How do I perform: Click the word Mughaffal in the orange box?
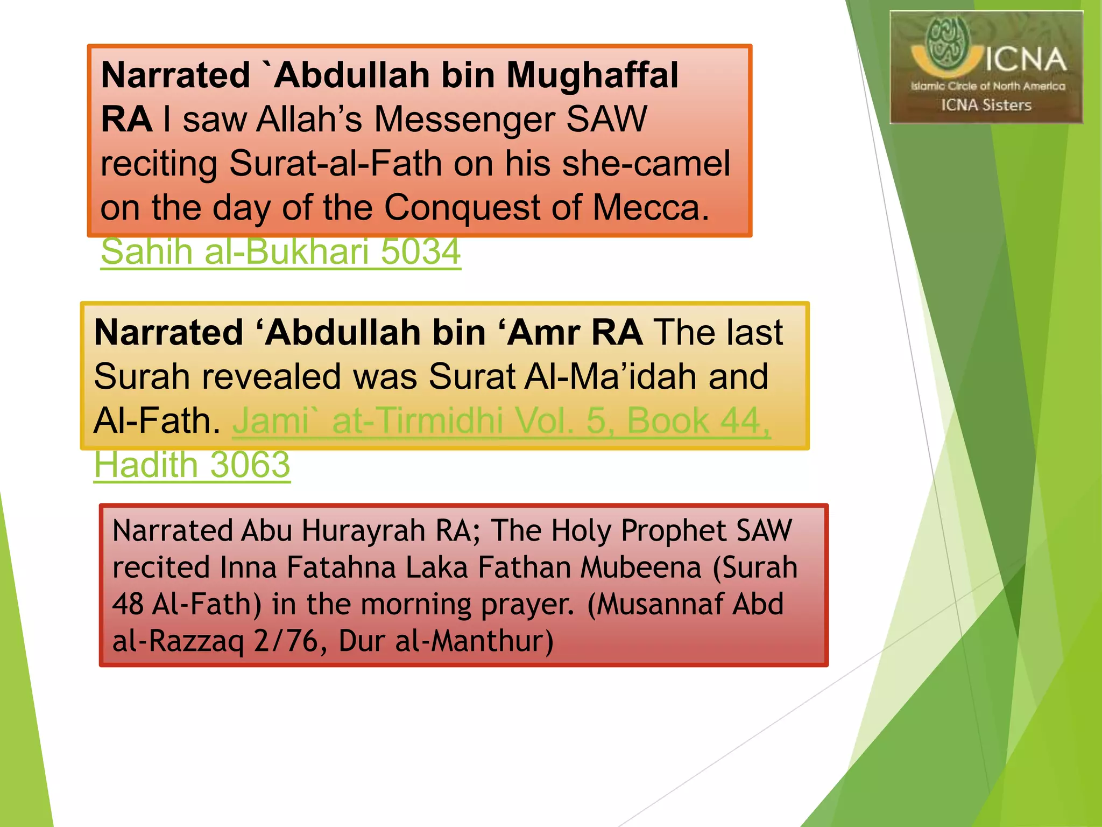point(592,75)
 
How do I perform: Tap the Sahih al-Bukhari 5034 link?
point(280,251)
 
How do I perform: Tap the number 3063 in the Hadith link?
point(250,465)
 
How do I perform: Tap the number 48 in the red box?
point(128,604)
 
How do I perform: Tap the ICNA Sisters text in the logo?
point(986,105)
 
